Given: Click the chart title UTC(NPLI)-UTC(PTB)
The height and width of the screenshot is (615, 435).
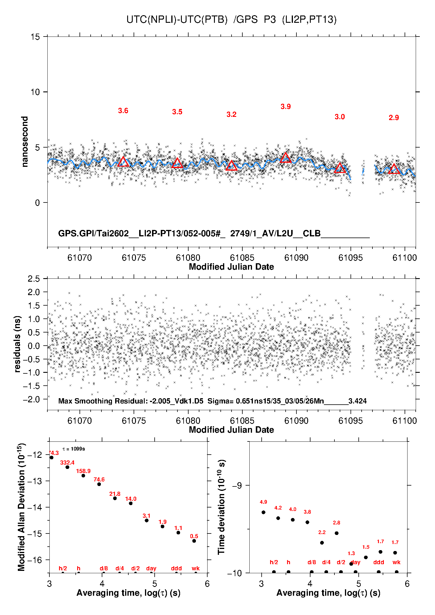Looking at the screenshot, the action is pyautogui.click(x=177, y=20).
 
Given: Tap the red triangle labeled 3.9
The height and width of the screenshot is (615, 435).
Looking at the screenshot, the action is pyautogui.click(x=286, y=158).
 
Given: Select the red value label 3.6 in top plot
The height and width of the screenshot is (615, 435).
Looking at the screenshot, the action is pyautogui.click(x=123, y=111).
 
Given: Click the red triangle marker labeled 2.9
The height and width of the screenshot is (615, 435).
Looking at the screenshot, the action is pyautogui.click(x=394, y=169).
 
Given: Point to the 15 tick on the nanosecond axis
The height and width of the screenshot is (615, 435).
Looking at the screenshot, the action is pyautogui.click(x=35, y=37).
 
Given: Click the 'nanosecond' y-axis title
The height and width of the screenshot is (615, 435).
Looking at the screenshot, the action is pyautogui.click(x=25, y=142).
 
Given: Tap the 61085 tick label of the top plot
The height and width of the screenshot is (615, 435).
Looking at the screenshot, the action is pyautogui.click(x=242, y=258).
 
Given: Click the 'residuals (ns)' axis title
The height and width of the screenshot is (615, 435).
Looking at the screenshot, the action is pyautogui.click(x=18, y=344).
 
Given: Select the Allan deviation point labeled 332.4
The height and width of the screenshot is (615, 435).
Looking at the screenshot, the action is pyautogui.click(x=68, y=467).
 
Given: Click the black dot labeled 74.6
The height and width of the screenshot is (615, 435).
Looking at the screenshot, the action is pyautogui.click(x=99, y=484).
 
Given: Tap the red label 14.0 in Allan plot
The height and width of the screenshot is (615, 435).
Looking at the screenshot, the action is pyautogui.click(x=131, y=499).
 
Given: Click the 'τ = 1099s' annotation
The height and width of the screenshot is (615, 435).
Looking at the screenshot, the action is pyautogui.click(x=74, y=449).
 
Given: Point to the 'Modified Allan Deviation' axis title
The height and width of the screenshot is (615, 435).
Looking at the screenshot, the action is pyautogui.click(x=21, y=507).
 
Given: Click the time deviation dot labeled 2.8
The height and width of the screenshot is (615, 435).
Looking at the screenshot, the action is pyautogui.click(x=336, y=533).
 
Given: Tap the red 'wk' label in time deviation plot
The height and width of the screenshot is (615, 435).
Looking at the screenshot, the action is pyautogui.click(x=396, y=562).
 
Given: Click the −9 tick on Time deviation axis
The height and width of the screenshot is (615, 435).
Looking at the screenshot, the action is pyautogui.click(x=237, y=485).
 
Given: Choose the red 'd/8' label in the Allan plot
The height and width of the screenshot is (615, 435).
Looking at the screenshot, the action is pyautogui.click(x=104, y=568).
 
